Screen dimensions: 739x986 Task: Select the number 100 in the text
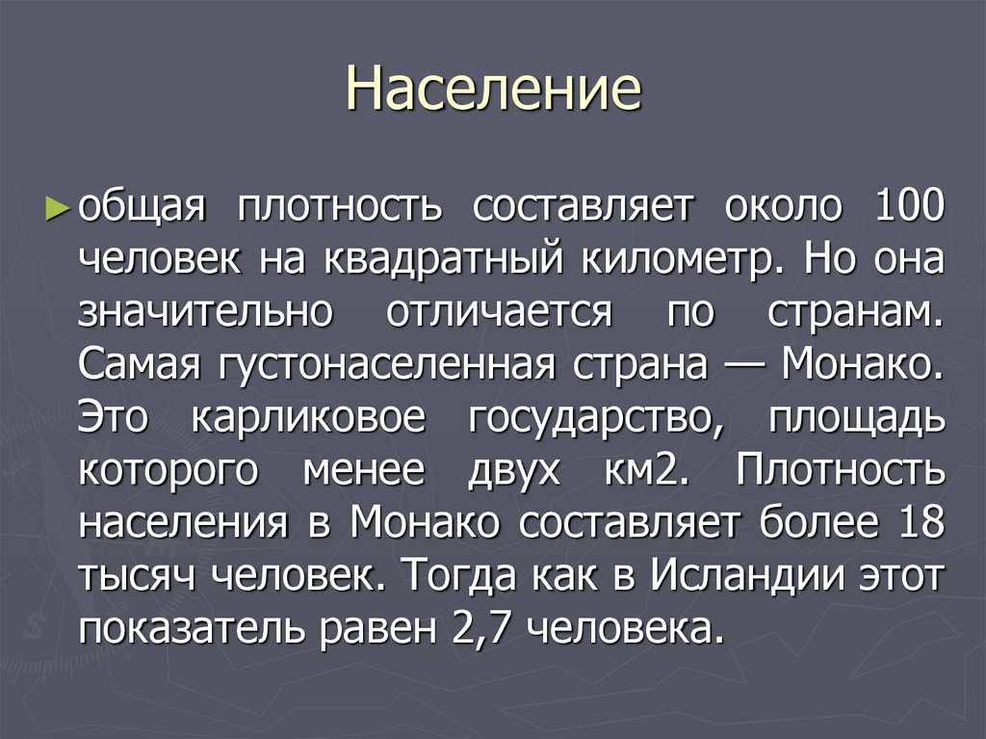(x=911, y=207)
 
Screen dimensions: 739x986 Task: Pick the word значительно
(x=206, y=313)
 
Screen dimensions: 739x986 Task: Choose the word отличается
(x=500, y=313)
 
